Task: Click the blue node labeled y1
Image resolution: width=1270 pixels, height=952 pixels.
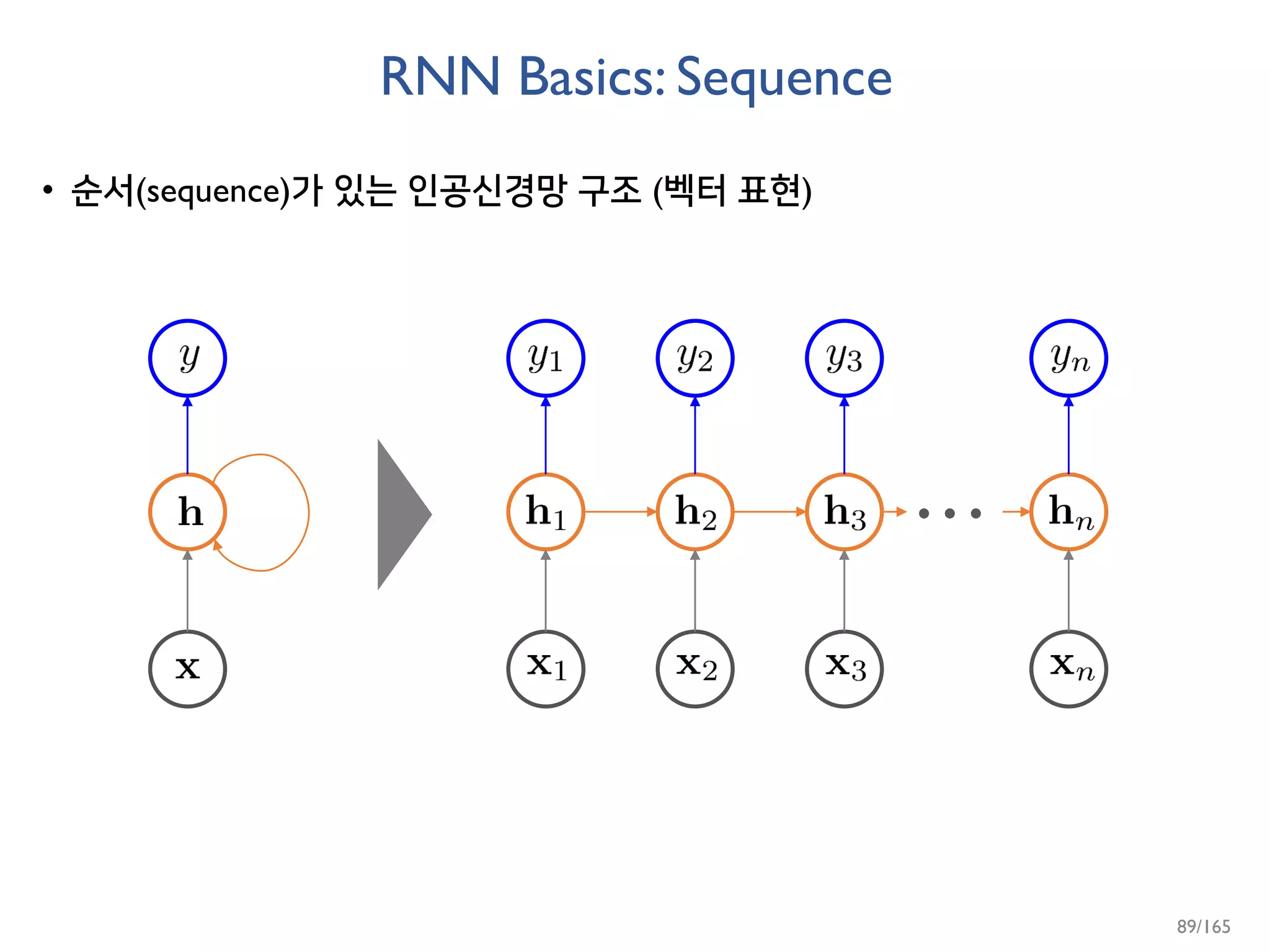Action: coord(545,358)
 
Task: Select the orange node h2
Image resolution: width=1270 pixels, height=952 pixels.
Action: coord(695,512)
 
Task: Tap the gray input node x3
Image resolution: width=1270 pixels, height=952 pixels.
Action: coord(844,669)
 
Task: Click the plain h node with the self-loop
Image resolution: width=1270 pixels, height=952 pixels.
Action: coord(187,512)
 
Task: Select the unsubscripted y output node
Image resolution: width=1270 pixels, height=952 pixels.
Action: coord(187,358)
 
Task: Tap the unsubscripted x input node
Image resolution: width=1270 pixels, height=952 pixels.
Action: coord(187,669)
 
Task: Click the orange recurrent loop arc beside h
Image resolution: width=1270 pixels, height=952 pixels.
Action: coord(308,512)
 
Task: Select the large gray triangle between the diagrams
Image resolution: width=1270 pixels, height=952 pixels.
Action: coord(400,514)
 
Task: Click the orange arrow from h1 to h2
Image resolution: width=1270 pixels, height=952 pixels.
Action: coord(620,512)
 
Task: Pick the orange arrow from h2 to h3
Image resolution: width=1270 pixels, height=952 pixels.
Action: coord(769,512)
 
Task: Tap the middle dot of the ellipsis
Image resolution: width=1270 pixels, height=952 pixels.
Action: coord(949,513)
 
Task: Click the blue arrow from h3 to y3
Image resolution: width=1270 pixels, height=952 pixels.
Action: coord(844,437)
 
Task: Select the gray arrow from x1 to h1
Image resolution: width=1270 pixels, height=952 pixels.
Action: coord(545,592)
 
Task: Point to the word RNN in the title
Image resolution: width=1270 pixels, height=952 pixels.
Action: coord(440,77)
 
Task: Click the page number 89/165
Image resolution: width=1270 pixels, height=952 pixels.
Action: coord(1203,927)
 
